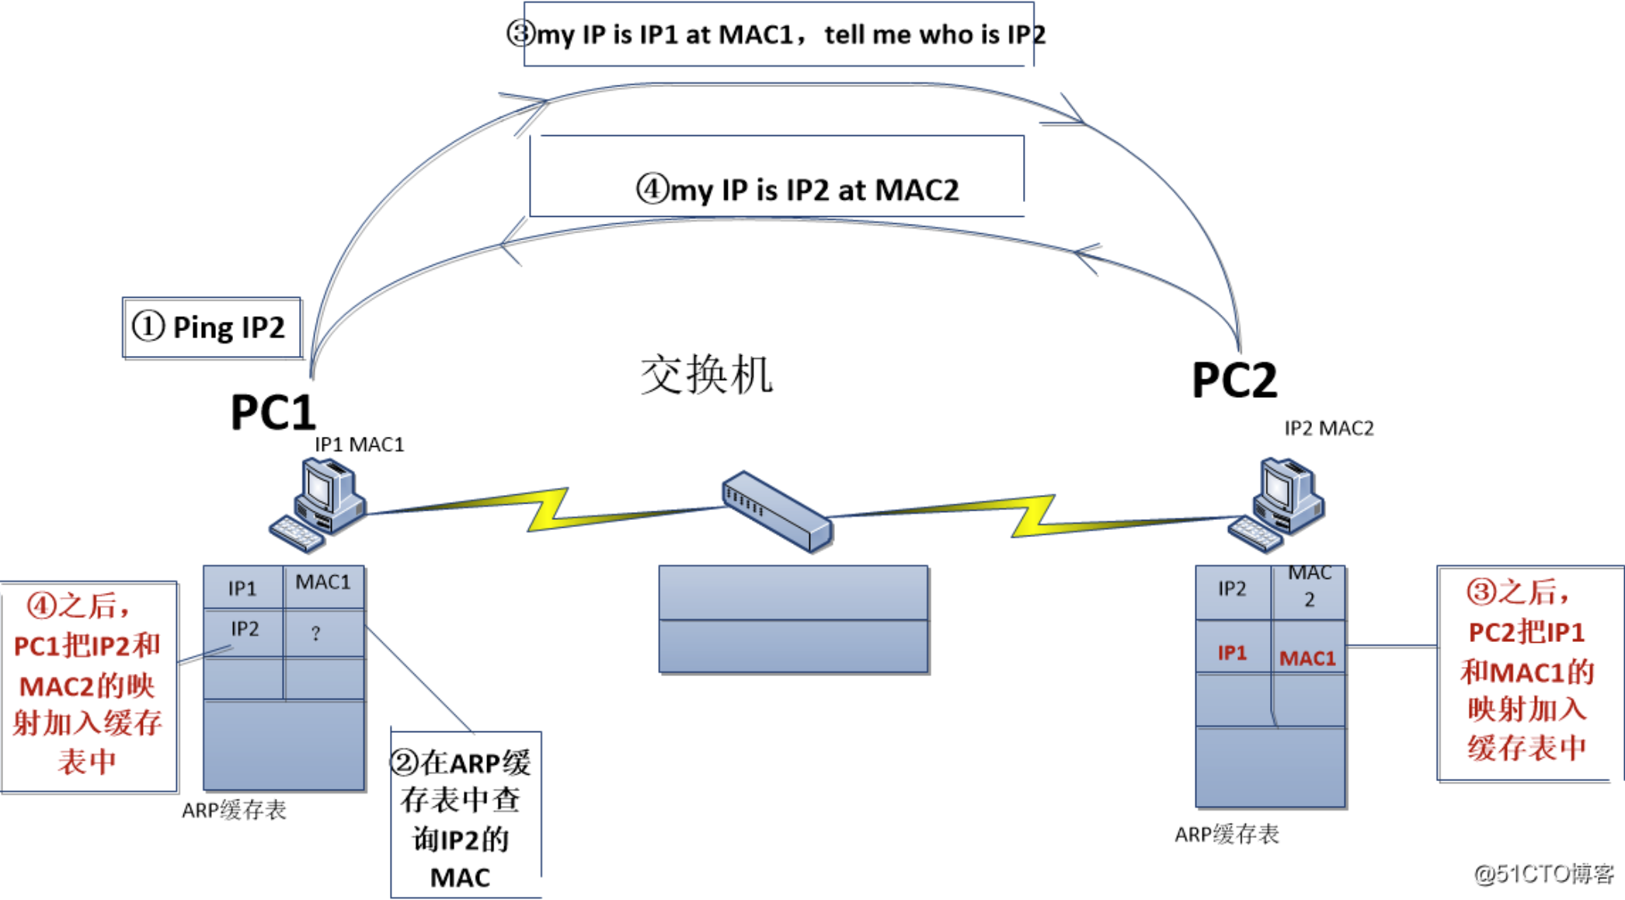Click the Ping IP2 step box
click(x=211, y=327)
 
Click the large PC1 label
click(x=273, y=412)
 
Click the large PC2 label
click(x=1234, y=380)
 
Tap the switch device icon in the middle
click(x=778, y=511)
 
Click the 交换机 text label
click(x=705, y=375)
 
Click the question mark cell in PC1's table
click(x=316, y=633)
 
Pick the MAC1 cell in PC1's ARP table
click(x=323, y=583)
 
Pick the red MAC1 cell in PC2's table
click(x=1307, y=658)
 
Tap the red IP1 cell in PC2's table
click(x=1232, y=653)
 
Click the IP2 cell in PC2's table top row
click(x=1232, y=589)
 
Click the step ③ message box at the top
click(x=777, y=34)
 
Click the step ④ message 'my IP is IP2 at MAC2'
click(x=797, y=190)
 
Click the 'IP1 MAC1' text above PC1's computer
click(x=359, y=445)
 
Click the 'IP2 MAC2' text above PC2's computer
click(x=1328, y=428)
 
